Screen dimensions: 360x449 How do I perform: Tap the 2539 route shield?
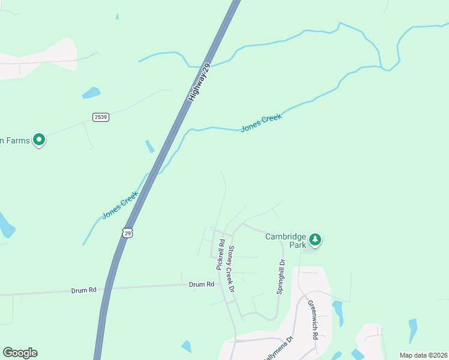101,117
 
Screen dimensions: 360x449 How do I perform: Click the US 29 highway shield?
126,232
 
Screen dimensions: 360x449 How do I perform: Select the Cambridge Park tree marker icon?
315,241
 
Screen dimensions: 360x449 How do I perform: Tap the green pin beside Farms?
40,140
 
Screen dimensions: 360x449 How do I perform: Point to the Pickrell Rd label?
220,254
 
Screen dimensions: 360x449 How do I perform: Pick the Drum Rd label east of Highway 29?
202,284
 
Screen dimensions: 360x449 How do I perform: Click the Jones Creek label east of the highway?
261,123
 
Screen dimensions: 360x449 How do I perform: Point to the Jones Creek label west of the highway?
120,205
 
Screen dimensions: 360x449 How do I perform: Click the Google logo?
20,353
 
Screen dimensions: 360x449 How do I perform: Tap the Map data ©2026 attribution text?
423,355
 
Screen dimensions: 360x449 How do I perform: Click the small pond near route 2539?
91,92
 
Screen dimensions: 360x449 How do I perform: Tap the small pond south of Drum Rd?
186,346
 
